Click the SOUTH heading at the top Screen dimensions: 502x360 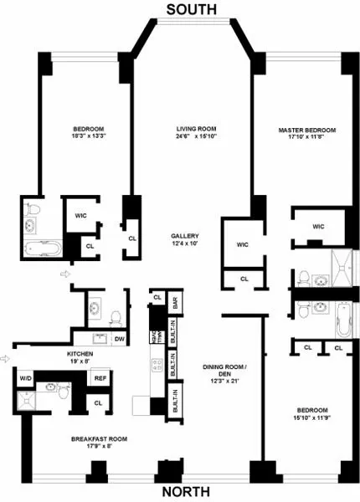(192, 9)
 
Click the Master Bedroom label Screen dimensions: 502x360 (308, 131)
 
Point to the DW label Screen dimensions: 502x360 (120, 338)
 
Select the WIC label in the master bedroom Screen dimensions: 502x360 (319, 226)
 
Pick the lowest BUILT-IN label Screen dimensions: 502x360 (175, 403)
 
